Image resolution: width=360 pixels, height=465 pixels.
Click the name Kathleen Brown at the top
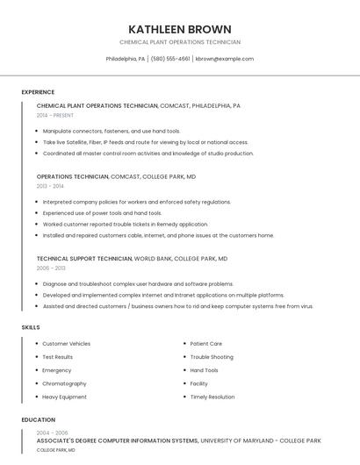click(x=180, y=29)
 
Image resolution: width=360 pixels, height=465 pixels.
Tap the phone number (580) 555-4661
click(x=170, y=59)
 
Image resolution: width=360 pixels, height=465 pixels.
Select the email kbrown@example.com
click(x=224, y=59)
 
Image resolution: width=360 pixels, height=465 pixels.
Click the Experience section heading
click(x=38, y=92)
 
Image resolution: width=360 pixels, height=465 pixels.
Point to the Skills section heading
click(x=31, y=327)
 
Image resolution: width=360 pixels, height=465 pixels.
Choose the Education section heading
click(x=39, y=419)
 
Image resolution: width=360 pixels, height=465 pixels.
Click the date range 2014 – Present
click(x=55, y=115)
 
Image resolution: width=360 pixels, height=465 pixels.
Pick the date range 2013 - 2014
click(x=50, y=186)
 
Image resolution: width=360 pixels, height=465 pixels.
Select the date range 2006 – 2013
click(x=51, y=268)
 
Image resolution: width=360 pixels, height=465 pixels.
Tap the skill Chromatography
click(x=64, y=383)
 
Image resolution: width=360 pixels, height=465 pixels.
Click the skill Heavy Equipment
click(x=64, y=397)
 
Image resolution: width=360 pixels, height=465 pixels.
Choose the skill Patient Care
click(x=206, y=344)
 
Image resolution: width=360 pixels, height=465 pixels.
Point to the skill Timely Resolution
click(x=212, y=397)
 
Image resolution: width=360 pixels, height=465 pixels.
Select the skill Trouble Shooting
click(x=212, y=357)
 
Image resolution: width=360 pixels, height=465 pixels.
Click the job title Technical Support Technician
click(x=84, y=259)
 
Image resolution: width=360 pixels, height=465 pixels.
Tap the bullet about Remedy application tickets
click(x=126, y=224)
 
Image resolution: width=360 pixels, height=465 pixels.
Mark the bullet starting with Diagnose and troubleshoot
click(x=138, y=284)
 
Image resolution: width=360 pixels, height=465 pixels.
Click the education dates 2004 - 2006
click(x=52, y=433)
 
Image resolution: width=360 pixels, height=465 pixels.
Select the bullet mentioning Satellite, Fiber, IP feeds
click(x=145, y=142)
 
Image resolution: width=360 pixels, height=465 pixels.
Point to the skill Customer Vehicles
click(x=66, y=344)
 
